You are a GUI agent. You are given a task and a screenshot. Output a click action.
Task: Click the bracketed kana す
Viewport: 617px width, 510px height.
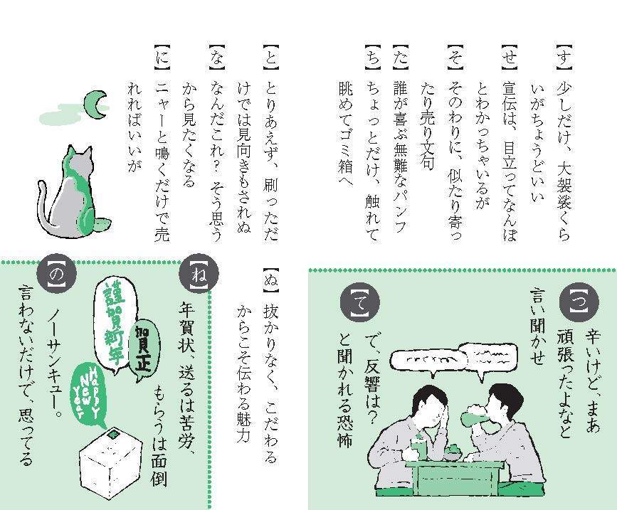coord(564,56)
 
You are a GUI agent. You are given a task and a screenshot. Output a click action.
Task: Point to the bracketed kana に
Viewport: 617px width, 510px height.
coord(162,56)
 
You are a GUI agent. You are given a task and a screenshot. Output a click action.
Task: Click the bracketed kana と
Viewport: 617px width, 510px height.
coord(270,56)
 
